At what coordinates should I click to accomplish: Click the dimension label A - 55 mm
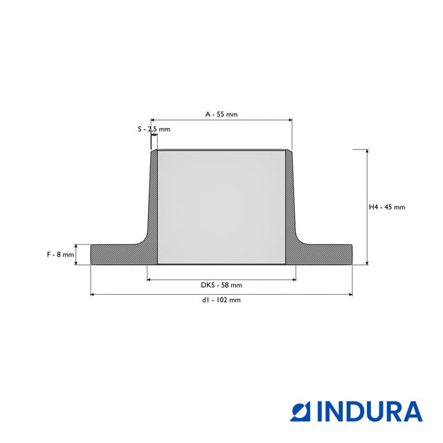click(x=221, y=114)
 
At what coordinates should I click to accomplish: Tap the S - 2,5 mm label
click(x=154, y=129)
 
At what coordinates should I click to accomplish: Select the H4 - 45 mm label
click(x=387, y=207)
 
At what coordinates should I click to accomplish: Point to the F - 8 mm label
click(x=60, y=255)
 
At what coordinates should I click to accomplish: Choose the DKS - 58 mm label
click(x=221, y=285)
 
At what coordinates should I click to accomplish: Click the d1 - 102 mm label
click(x=221, y=300)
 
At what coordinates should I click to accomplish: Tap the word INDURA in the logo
click(x=370, y=411)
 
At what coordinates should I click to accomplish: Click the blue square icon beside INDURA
click(x=300, y=411)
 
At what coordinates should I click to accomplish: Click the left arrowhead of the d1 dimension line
click(x=92, y=295)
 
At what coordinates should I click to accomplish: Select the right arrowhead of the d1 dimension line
click(x=351, y=295)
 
